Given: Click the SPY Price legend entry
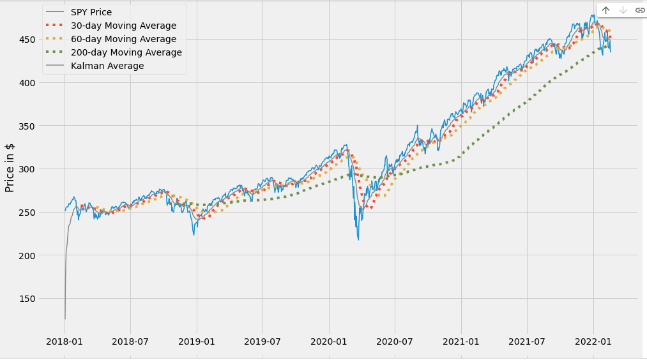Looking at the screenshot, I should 91,12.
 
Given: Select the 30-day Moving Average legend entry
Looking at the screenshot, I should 123,26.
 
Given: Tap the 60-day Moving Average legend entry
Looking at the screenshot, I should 123,39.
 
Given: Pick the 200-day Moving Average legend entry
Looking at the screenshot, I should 126,52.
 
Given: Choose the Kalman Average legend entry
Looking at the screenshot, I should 107,66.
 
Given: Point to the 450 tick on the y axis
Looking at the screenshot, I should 27,40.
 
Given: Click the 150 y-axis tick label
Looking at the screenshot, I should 27,299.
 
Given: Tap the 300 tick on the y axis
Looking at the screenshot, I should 27,169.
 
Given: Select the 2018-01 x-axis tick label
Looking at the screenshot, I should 65,342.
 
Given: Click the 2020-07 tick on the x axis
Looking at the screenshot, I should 395,342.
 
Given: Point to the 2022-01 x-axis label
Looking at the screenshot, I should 593,342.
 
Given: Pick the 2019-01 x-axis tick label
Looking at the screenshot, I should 197,342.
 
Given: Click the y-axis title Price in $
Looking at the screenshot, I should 10,168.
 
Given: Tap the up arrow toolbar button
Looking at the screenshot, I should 605,10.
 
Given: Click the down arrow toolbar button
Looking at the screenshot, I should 623,10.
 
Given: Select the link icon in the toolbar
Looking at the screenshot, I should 639,10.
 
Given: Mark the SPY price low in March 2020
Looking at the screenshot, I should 358,239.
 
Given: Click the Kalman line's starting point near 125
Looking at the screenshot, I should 65,319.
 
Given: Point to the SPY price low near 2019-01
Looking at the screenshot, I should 194,235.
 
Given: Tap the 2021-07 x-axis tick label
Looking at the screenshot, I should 527,342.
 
